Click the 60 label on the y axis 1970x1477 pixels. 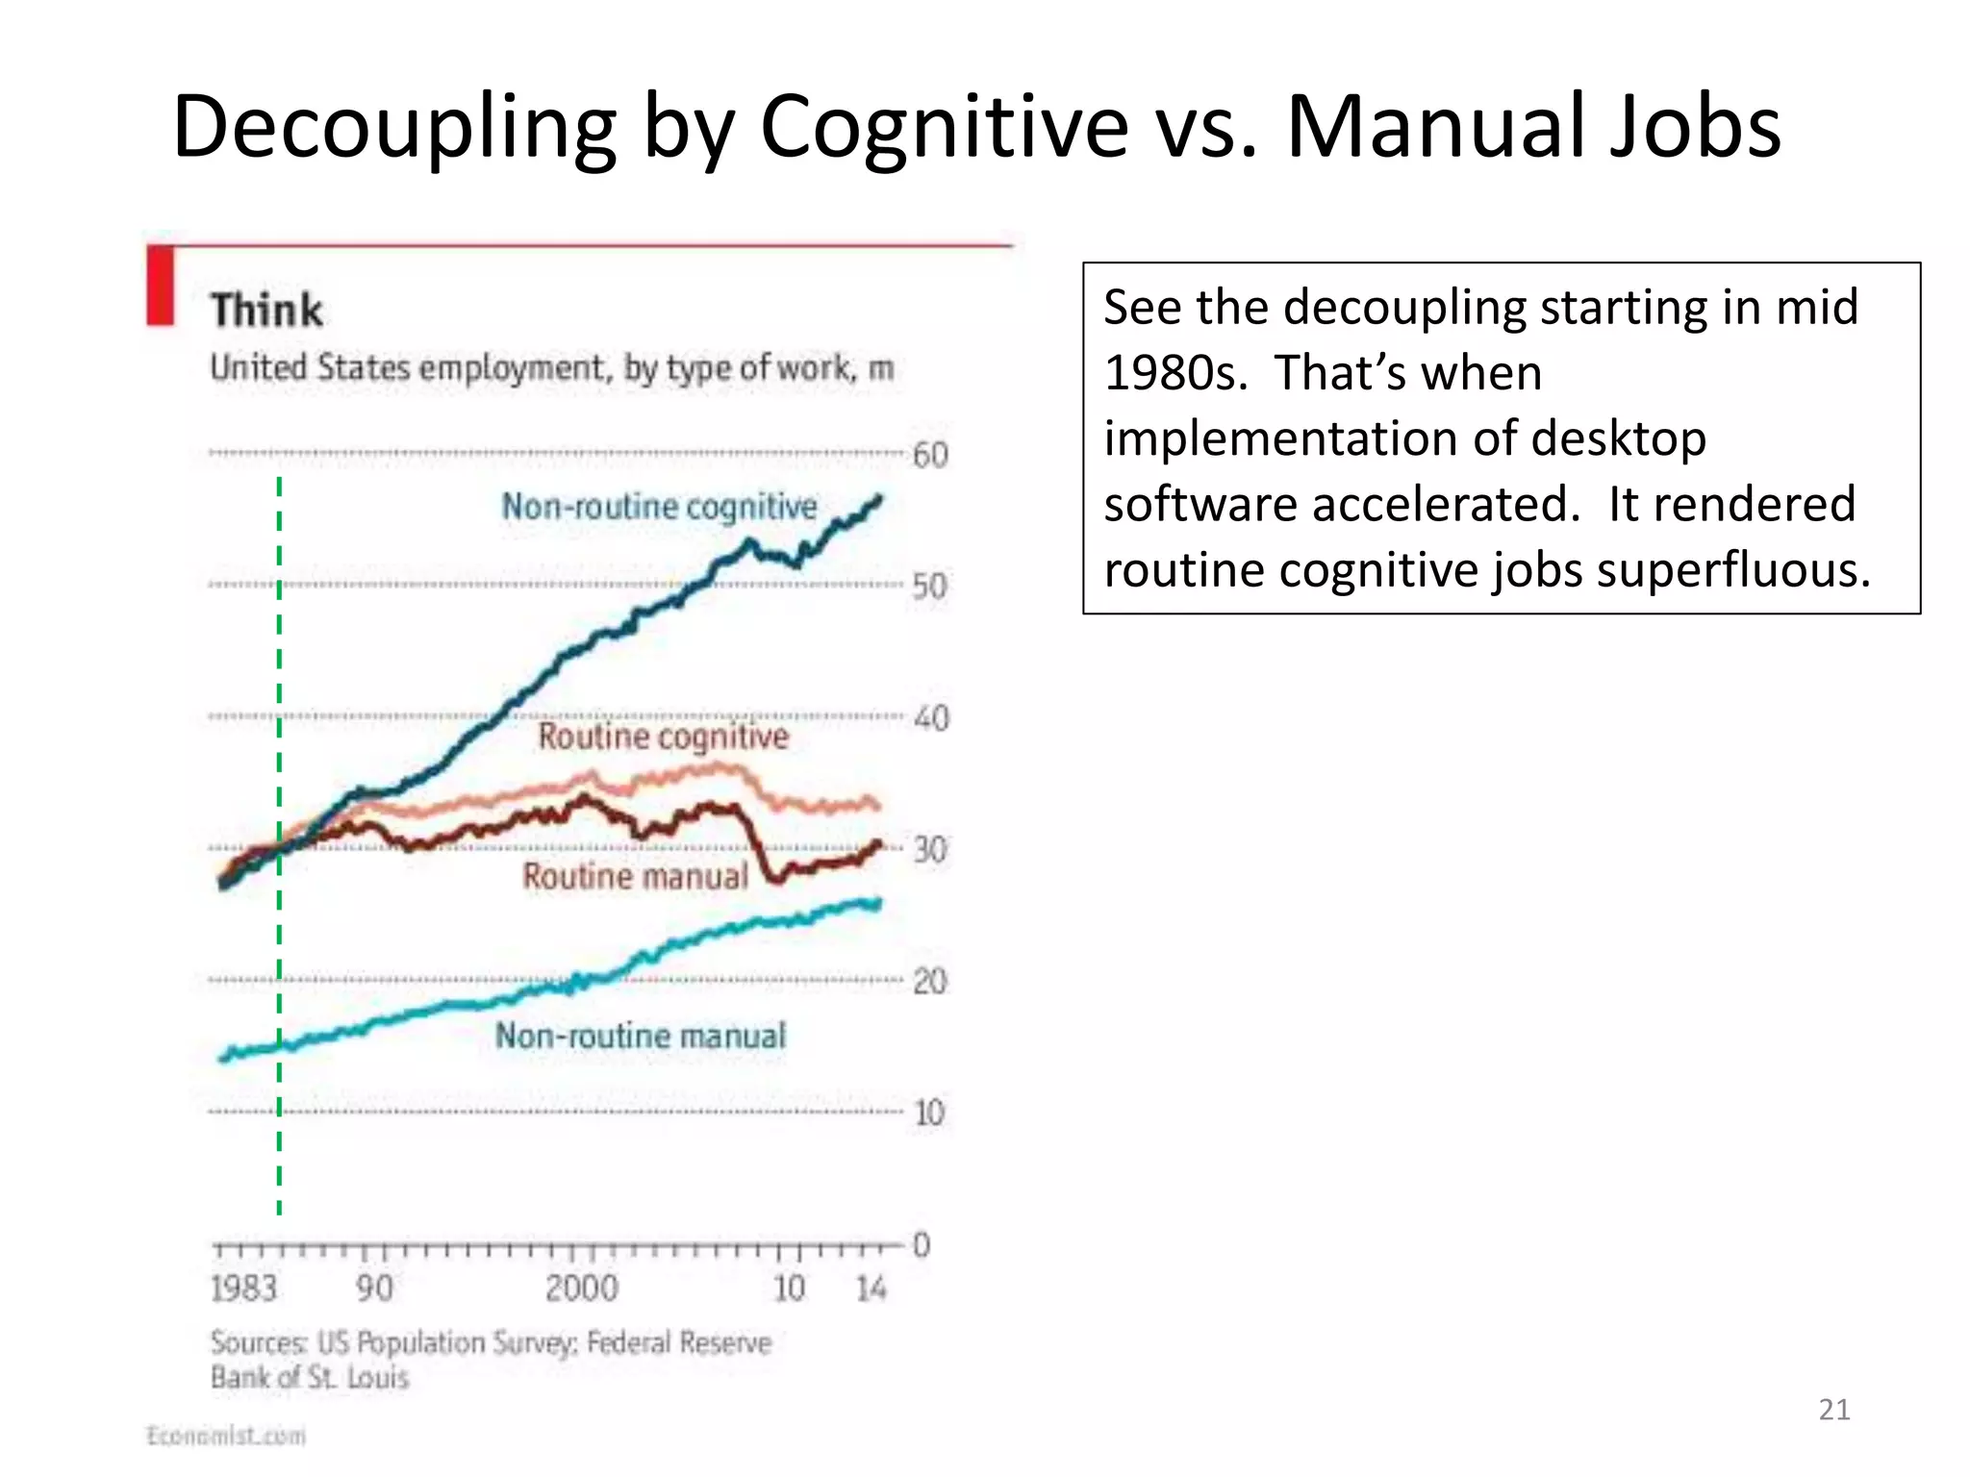930,455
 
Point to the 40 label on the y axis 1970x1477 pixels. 930,718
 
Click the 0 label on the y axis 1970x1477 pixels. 922,1245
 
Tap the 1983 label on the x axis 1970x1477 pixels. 243,1289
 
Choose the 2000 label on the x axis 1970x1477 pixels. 581,1289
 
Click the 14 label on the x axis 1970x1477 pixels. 871,1289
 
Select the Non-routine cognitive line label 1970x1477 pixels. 659,507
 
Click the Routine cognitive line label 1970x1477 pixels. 663,737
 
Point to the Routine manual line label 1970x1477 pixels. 635,876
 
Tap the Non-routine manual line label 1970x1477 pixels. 641,1036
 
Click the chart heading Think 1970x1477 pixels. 266,311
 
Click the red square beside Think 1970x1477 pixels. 160,286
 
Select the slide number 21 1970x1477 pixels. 1834,1410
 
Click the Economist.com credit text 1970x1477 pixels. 226,1436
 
